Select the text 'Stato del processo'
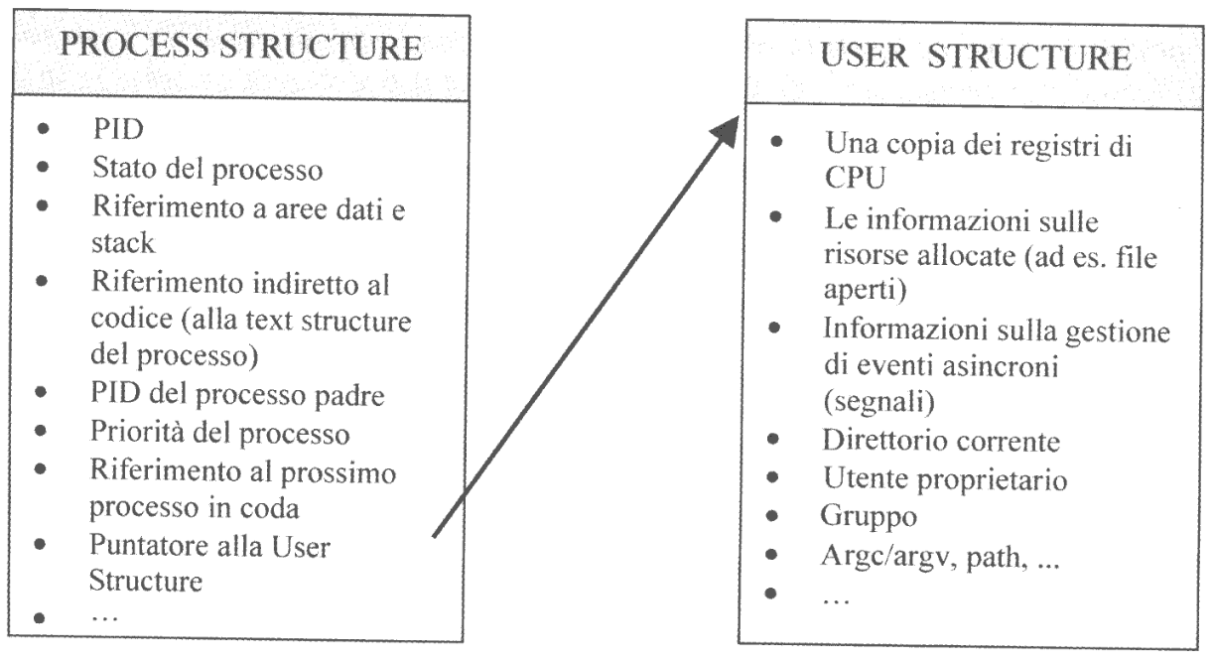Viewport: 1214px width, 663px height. click(206, 169)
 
